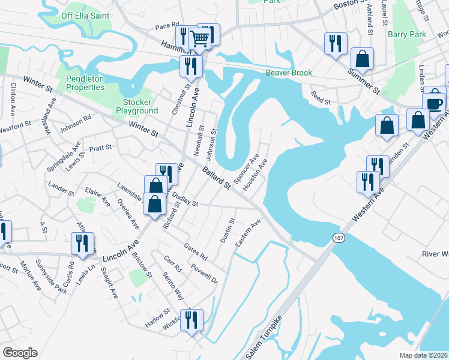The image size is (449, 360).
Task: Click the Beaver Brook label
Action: pos(289,73)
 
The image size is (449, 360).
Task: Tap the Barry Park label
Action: pos(406,35)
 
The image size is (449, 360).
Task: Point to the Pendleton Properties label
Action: pos(85,83)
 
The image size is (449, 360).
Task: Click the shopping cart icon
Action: pos(199,39)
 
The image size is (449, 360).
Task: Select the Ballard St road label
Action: pos(216,178)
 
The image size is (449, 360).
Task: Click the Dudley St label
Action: pos(185,199)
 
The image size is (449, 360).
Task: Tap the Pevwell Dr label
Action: pos(203,273)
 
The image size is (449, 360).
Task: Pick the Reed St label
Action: pos(321,97)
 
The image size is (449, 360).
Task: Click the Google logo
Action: pos(20,353)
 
